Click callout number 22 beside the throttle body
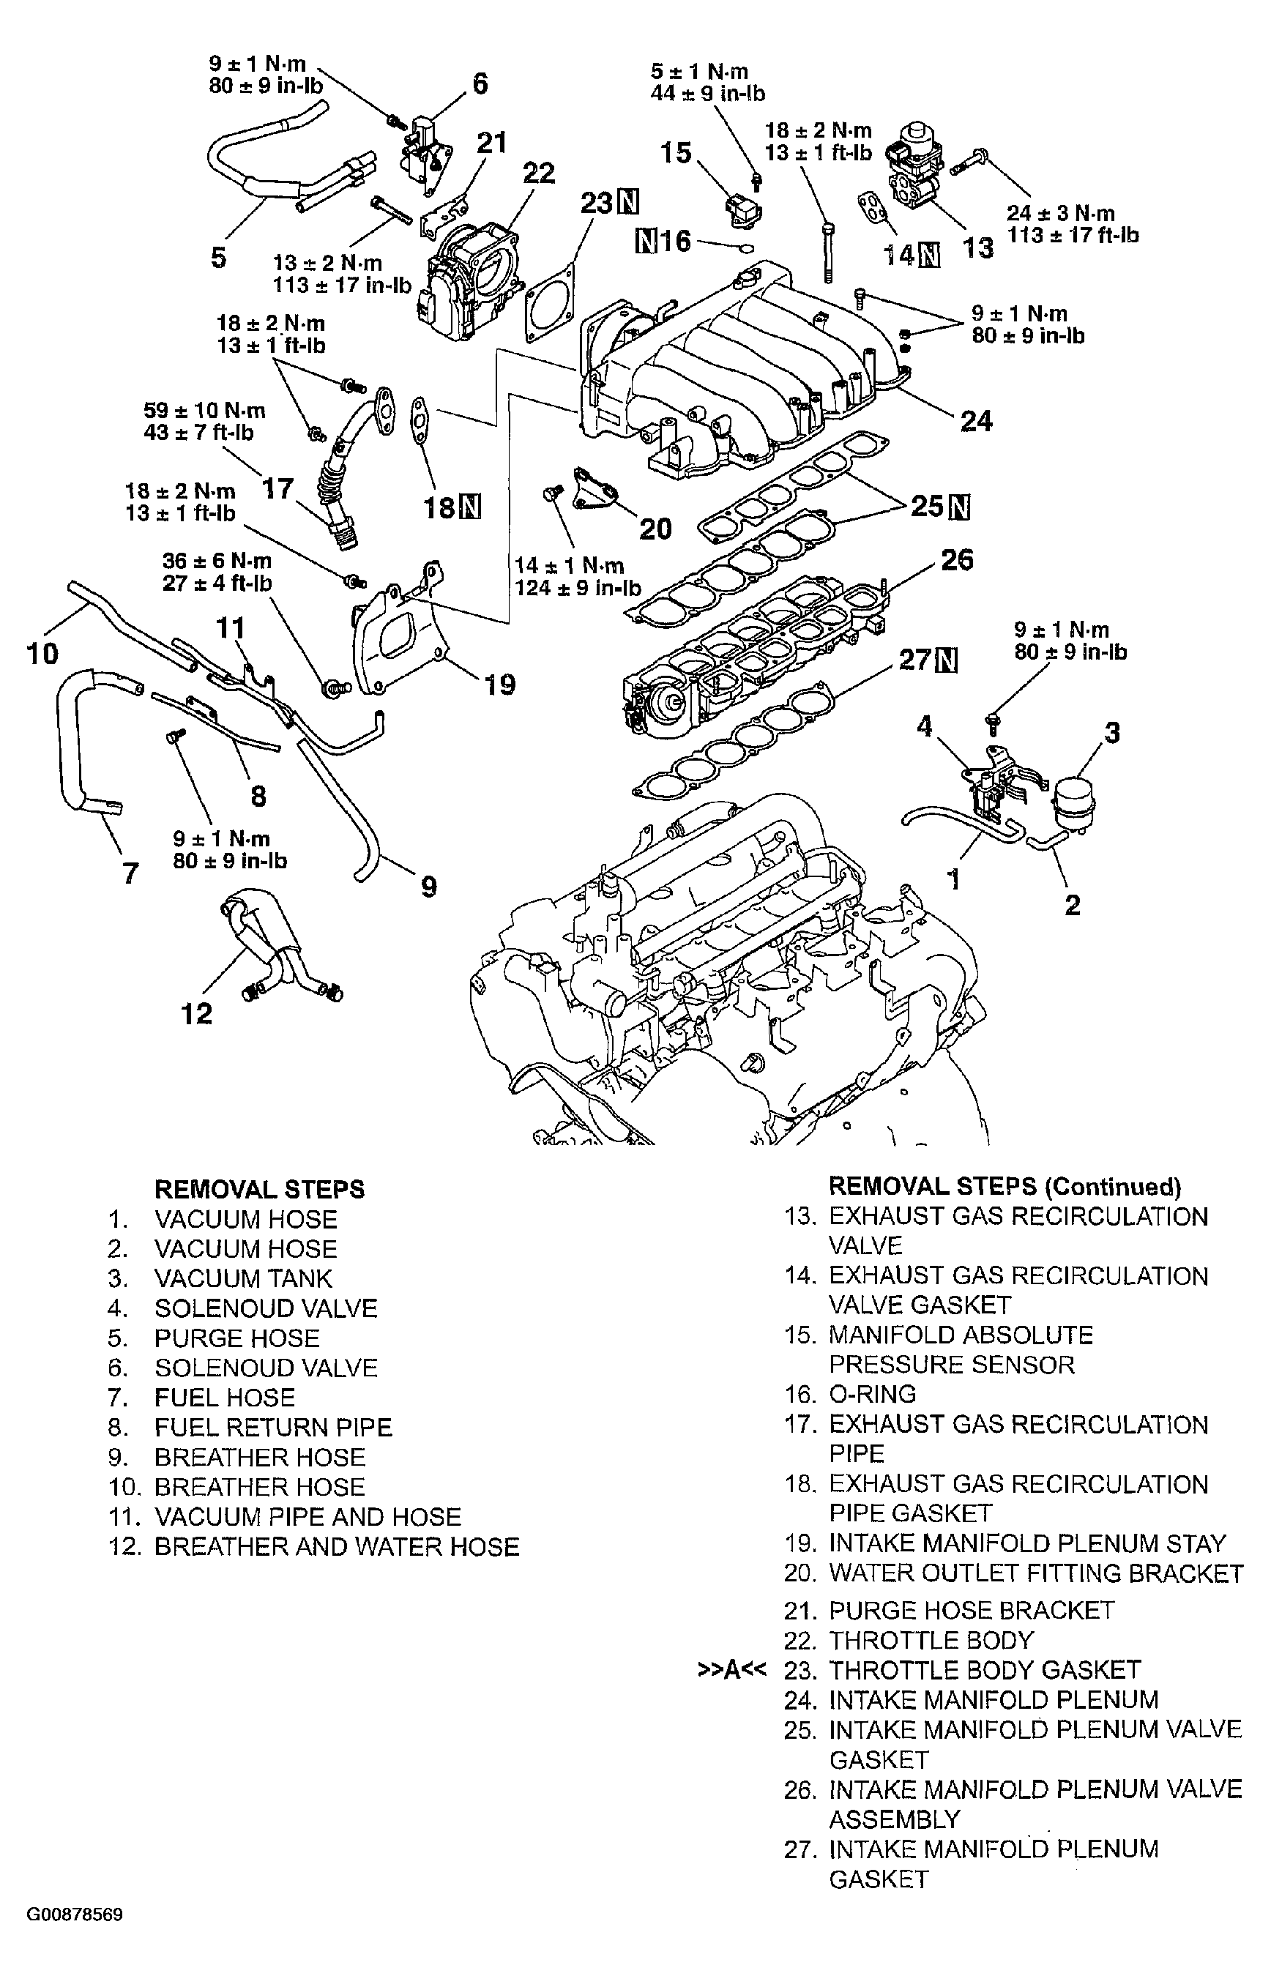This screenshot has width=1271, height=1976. (x=539, y=174)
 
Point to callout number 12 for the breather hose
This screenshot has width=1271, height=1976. (x=196, y=1013)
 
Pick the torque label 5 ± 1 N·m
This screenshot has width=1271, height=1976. (x=699, y=71)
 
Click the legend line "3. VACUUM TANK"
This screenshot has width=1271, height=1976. (x=220, y=1278)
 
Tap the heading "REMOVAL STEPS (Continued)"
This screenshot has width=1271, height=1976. (x=1004, y=1187)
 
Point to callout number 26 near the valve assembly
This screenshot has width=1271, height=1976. (x=958, y=560)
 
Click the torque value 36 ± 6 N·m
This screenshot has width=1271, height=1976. (x=217, y=561)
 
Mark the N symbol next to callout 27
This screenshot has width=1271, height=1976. (x=948, y=660)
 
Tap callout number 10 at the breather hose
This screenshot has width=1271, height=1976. (x=43, y=655)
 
